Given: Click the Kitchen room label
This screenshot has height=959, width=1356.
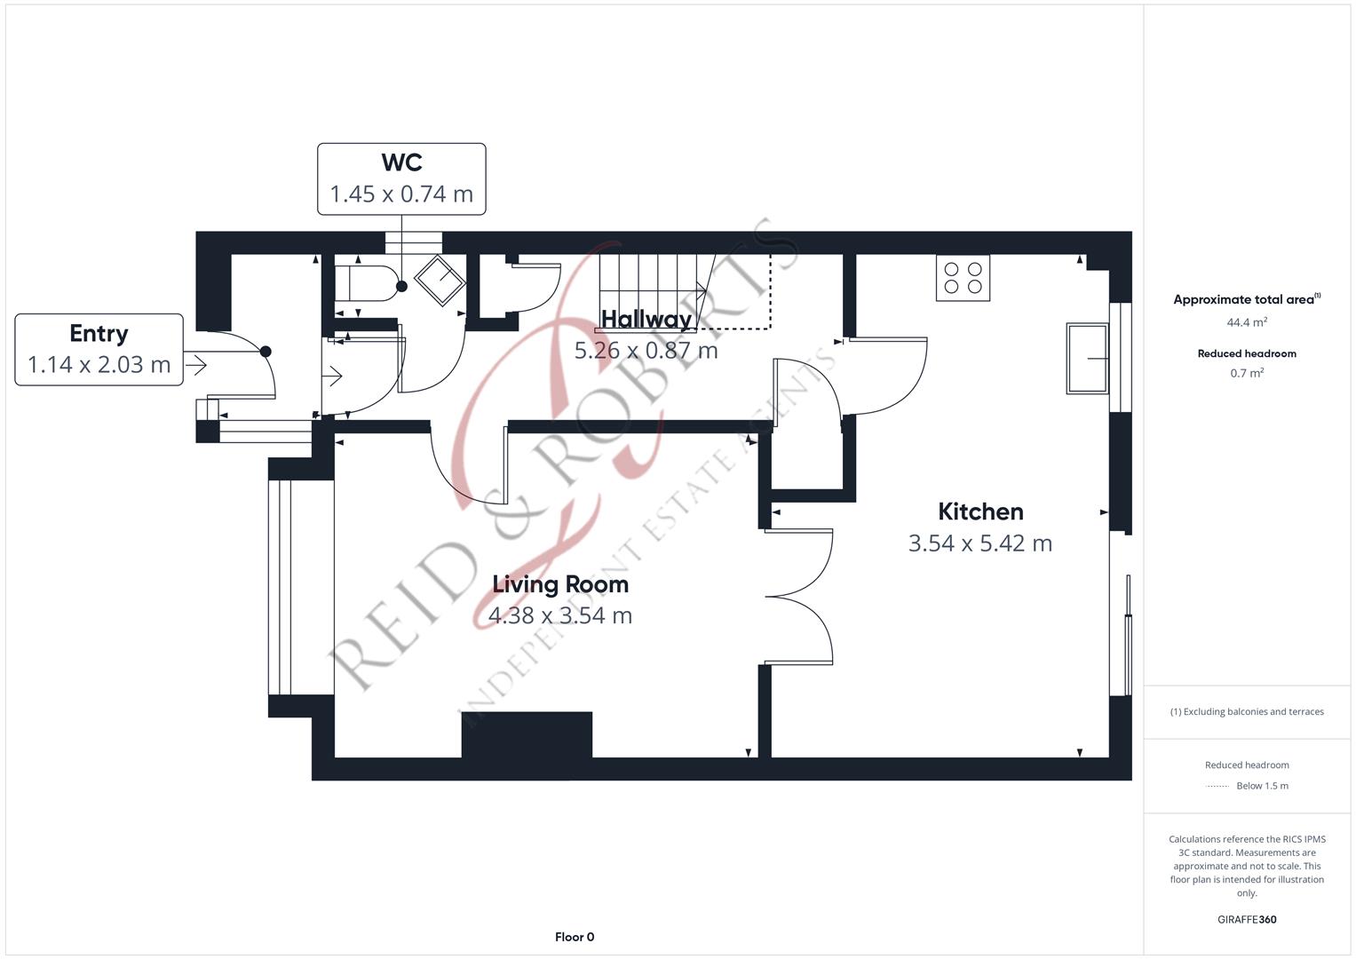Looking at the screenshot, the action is pos(980,511).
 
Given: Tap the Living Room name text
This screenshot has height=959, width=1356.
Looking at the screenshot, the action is pos(560,585).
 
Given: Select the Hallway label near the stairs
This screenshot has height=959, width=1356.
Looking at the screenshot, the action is pos(646,319).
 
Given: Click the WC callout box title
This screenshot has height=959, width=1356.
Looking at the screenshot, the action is pos(401,162).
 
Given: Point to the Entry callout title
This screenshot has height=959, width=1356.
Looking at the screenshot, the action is pos(99,334).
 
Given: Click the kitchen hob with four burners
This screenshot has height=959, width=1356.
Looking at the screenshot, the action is pos(963,278).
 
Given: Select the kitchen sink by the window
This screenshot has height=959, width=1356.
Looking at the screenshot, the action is pos(1087,359).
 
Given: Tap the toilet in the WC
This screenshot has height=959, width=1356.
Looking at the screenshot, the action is pos(366,283).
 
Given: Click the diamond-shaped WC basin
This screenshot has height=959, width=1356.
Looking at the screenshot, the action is pos(440,281).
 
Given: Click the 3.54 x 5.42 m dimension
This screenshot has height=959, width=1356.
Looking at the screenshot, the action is pos(980,543).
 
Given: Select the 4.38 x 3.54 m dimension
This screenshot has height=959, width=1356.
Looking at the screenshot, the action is pos(560,615).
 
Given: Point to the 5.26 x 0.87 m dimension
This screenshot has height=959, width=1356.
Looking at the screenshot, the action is pos(646,351).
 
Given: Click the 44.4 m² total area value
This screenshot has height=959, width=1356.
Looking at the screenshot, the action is pos(1247,322).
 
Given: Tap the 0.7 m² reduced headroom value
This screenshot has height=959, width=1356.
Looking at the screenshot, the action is pos(1247,373).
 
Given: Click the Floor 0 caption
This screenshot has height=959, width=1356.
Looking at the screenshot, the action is pos(575,937).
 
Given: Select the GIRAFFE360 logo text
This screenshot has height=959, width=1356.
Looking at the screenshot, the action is pos(1247,919).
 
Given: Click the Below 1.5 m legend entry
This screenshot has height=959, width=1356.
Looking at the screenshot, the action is pos(1262,786).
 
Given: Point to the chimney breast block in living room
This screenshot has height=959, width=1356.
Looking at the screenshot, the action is pos(527,734).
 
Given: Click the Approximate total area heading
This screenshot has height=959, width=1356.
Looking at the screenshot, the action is pos(1247,299).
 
